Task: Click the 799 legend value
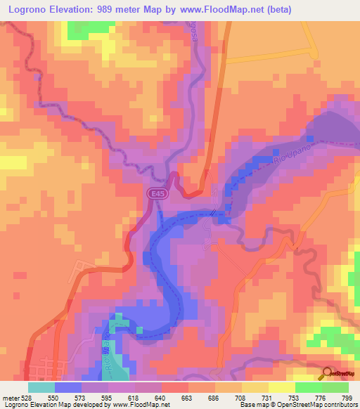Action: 348,398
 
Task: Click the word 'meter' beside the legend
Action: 11,398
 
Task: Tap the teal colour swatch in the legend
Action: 41,387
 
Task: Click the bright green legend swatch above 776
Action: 309,387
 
